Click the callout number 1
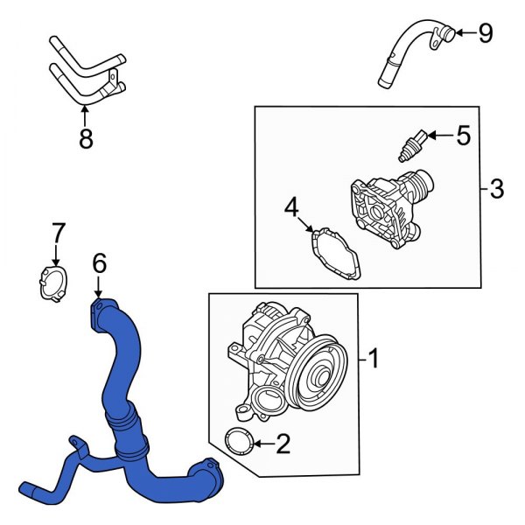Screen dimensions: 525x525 [x=373, y=359]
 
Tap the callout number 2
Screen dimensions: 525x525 [x=282, y=445]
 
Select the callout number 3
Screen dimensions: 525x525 [x=496, y=188]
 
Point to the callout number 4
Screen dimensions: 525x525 [x=291, y=207]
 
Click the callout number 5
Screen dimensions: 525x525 [x=463, y=135]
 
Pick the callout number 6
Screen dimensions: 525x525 [x=99, y=262]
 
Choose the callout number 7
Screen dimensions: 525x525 [x=57, y=233]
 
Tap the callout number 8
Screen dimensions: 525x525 [x=85, y=139]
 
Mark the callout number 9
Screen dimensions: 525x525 [x=485, y=33]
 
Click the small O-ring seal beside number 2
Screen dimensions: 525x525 [x=238, y=442]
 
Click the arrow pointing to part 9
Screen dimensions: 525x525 [x=462, y=33]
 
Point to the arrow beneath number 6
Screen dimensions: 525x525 [x=99, y=287]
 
